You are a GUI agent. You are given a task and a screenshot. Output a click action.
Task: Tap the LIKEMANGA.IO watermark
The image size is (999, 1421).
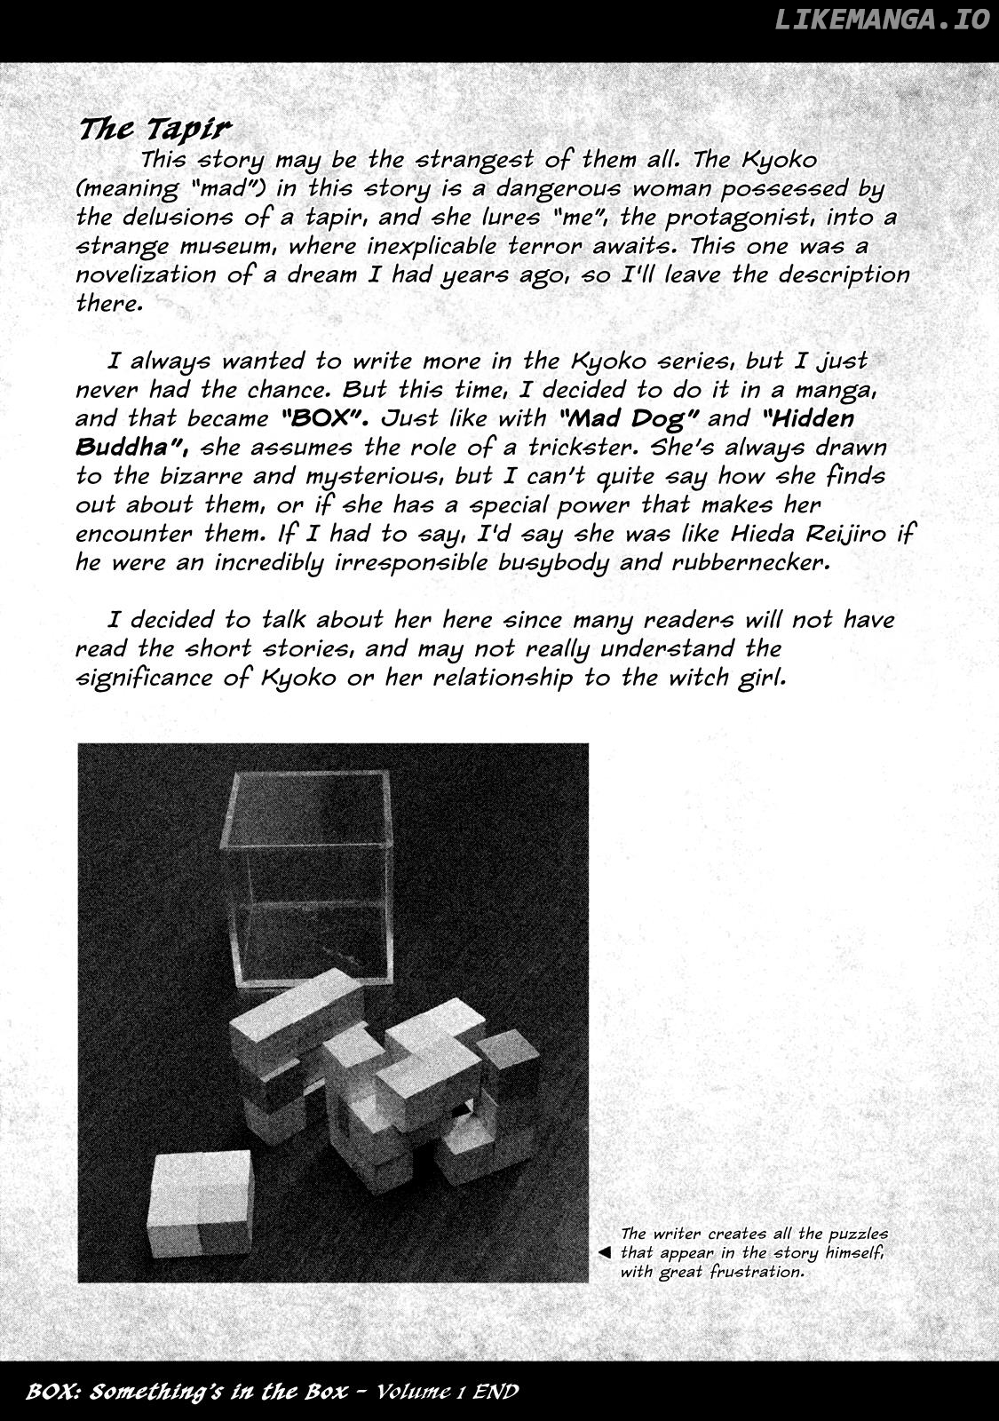coord(882,20)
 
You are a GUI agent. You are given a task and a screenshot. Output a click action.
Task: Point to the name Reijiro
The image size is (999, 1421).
coord(858,534)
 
